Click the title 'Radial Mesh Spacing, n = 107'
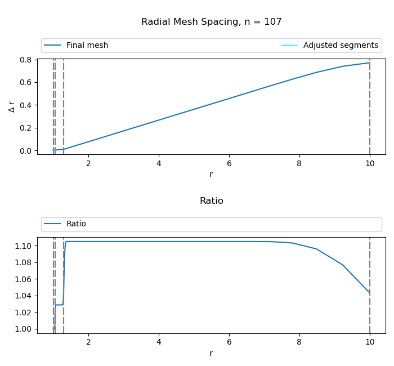[211, 22]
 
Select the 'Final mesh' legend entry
[87, 46]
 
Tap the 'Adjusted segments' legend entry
[341, 46]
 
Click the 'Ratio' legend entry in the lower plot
[76, 224]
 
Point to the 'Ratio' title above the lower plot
[211, 201]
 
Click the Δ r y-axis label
[12, 106]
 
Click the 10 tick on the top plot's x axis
[369, 163]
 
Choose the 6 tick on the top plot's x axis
[229, 163]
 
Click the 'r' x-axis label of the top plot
[211, 175]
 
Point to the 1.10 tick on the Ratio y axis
[25, 246]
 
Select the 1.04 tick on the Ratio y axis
[25, 296]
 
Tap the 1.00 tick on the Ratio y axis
[25, 329]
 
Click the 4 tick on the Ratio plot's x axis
[159, 342]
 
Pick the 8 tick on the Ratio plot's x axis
[299, 342]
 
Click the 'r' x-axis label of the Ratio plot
[211, 354]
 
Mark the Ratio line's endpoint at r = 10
[369, 293]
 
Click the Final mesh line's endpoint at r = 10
[369, 63]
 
